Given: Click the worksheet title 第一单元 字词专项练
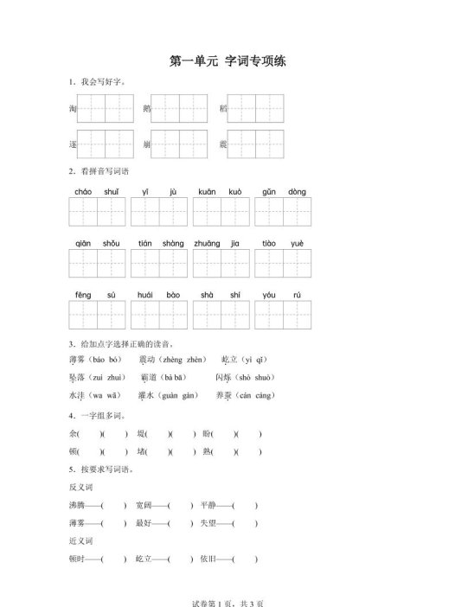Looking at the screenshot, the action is [228, 61].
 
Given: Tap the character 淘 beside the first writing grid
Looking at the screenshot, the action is [73, 109].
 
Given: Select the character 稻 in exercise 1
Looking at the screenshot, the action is [223, 109].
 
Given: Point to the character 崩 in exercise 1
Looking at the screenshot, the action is [147, 144].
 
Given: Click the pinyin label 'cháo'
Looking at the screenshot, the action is [83, 191].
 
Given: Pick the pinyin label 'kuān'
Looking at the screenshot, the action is [207, 191].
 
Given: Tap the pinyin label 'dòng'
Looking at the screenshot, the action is [297, 191].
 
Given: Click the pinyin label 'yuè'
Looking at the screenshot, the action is [297, 243].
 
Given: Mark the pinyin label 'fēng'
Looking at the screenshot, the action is [83, 295].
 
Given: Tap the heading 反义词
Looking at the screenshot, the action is [80, 487].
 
